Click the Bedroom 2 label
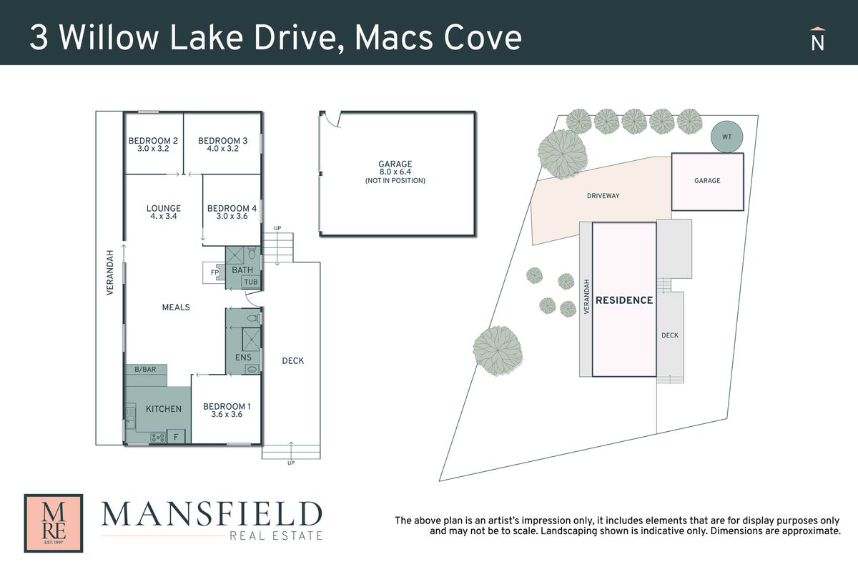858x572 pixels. pos(153,141)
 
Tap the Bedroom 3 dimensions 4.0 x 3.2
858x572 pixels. pos(222,149)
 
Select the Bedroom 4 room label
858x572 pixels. pos(232,208)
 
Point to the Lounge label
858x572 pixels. pos(164,208)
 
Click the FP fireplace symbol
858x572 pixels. pos(214,272)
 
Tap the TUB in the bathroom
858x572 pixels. pos(251,282)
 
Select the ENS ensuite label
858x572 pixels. pos(243,357)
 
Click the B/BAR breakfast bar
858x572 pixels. pos(146,370)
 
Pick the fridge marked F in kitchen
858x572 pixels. pos(176,437)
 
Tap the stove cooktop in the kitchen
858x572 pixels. pos(158,437)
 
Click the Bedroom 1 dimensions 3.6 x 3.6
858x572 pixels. pos(227,414)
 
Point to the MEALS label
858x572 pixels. pos(176,307)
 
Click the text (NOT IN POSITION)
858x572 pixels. pos(395,180)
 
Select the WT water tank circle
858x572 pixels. pos(726,137)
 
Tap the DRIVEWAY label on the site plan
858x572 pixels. pos(603,196)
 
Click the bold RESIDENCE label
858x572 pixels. pos(624,300)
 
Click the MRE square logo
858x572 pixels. pos(54,523)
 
